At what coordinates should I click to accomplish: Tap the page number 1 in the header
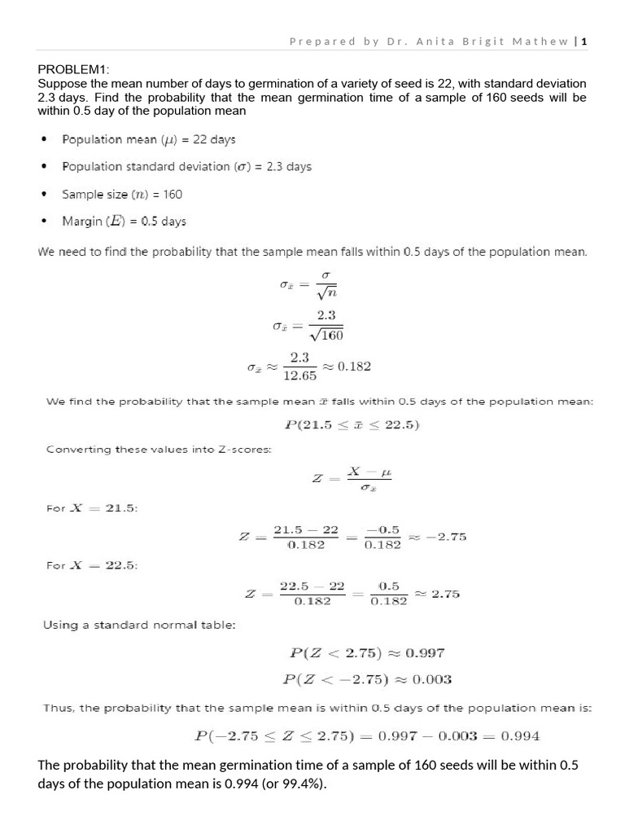tap(584, 42)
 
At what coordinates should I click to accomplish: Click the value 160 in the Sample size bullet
tap(173, 194)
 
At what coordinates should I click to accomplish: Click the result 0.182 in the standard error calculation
tap(354, 367)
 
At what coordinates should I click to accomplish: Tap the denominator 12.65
tap(299, 375)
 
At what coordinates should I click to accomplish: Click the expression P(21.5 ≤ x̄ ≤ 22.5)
tap(351, 425)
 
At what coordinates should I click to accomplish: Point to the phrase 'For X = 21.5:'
tap(91, 508)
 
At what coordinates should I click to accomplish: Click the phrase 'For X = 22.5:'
tap(91, 565)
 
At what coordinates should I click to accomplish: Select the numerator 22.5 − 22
tap(312, 586)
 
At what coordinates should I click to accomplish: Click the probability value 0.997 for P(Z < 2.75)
tap(424, 653)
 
